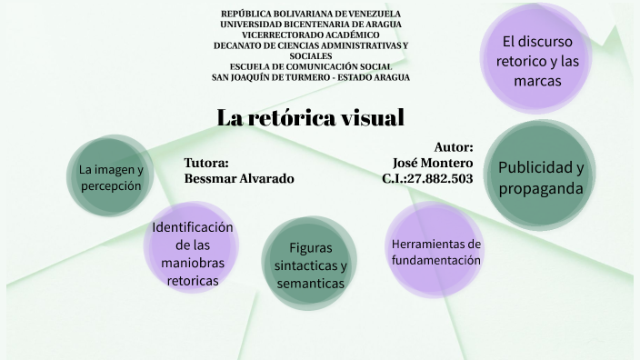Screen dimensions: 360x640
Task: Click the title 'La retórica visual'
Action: (x=310, y=118)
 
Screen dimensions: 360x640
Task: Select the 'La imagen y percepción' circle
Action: (x=110, y=177)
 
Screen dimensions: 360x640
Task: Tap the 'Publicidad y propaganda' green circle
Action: (x=540, y=178)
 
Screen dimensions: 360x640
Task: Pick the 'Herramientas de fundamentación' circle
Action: (x=435, y=252)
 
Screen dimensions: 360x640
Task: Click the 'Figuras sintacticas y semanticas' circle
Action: (x=311, y=265)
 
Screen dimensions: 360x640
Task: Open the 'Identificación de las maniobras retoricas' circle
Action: (x=193, y=255)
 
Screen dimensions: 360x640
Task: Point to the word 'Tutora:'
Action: (x=206, y=163)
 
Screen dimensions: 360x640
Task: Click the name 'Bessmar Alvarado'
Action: (x=239, y=178)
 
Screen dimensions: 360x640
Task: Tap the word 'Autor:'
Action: (x=454, y=146)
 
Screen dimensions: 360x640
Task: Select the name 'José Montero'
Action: (x=433, y=162)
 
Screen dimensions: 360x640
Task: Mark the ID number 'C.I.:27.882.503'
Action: (x=427, y=178)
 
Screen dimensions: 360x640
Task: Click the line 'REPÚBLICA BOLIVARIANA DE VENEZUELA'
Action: (x=311, y=14)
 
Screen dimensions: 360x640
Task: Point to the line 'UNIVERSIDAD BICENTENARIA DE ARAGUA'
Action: (x=311, y=24)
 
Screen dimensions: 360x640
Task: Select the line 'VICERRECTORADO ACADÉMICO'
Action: (x=311, y=35)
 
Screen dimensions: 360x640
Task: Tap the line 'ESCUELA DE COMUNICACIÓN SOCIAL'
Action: (x=311, y=66)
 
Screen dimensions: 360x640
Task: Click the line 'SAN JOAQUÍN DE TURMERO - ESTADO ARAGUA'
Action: (x=311, y=77)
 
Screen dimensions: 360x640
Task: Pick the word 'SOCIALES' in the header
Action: (x=311, y=55)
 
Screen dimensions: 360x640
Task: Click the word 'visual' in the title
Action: (x=368, y=118)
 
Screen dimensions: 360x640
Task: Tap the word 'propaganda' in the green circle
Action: (x=540, y=188)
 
